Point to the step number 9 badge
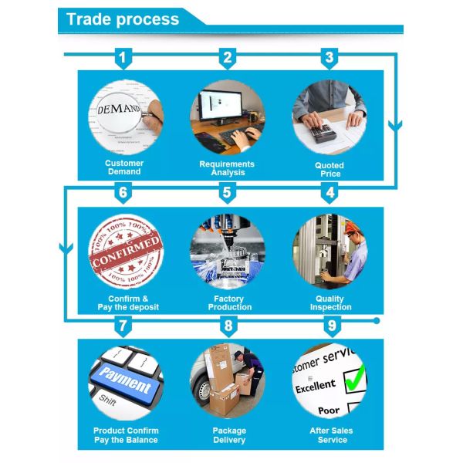[331, 326]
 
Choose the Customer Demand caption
[124, 167]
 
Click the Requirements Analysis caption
[227, 168]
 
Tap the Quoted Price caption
[330, 169]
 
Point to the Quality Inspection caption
[330, 302]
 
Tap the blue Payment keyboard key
[125, 382]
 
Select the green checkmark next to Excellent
[354, 379]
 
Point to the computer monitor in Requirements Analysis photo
[219, 108]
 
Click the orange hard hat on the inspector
[350, 228]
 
